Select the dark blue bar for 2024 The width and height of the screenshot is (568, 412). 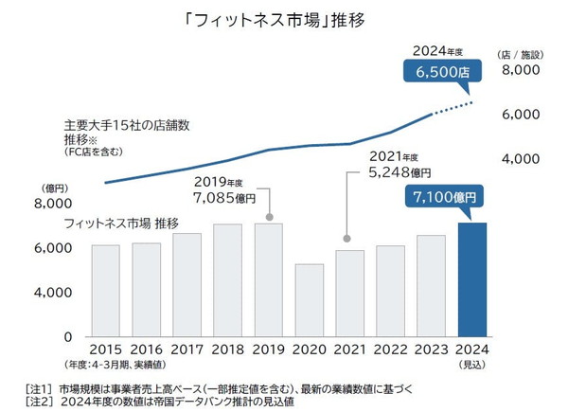coord(472,279)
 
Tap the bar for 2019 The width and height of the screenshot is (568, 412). coord(268,279)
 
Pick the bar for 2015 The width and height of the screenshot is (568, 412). coord(105,290)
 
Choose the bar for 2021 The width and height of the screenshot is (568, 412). coord(349,293)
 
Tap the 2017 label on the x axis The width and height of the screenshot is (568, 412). coord(186,348)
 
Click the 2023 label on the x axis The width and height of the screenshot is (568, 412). coord(432,348)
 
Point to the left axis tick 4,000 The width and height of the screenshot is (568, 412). coord(53,293)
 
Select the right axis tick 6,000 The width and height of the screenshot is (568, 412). coord(520,115)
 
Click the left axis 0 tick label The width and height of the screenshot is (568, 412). coord(68,336)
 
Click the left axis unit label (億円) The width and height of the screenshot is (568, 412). coord(56,188)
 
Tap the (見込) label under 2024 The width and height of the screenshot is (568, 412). coord(472,364)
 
